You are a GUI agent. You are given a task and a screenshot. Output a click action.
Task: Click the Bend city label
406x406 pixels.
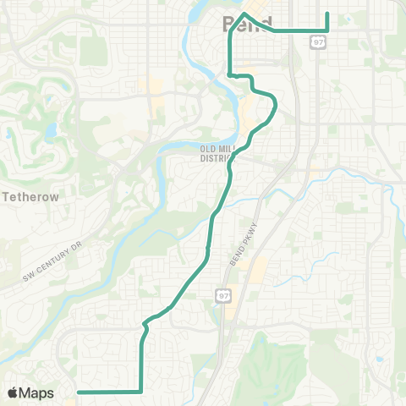[x=247, y=24]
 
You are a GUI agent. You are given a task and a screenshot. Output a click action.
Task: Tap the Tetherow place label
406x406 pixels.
[x=31, y=195]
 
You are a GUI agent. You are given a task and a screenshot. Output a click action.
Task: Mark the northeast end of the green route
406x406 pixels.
[x=327, y=14]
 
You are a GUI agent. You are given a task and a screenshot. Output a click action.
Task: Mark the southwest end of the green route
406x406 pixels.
[x=79, y=392]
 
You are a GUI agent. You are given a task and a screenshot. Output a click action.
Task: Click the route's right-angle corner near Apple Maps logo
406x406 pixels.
[x=140, y=392]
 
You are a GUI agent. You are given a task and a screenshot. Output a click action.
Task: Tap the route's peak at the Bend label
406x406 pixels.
[x=244, y=14]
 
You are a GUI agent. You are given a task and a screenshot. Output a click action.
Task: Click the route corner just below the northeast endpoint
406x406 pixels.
[x=327, y=30]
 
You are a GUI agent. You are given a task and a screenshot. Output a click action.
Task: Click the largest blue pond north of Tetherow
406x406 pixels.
[x=49, y=131]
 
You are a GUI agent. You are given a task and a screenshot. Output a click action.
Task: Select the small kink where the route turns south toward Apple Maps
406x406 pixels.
[x=145, y=322]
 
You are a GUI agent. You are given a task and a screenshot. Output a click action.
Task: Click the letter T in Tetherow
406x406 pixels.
[x=8, y=195]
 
